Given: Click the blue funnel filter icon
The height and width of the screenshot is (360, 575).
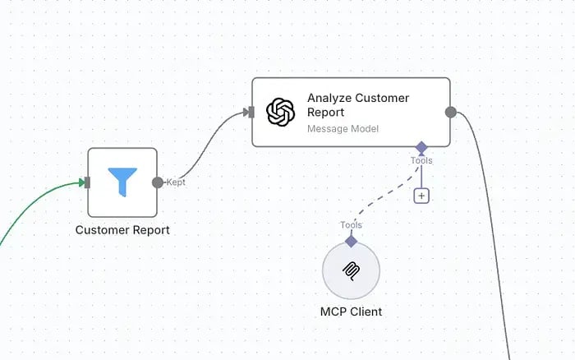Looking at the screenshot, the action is (122, 182).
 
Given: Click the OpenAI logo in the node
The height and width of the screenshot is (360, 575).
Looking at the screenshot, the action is (281, 112).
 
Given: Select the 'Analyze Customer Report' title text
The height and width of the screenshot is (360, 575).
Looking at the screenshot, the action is (358, 105).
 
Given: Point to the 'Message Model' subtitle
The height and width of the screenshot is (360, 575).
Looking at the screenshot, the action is (343, 129).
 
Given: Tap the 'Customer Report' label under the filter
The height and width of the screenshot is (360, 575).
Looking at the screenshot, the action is (122, 230).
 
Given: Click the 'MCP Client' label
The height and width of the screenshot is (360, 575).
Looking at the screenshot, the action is (351, 312).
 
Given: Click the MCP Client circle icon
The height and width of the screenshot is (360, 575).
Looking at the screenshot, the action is (351, 271).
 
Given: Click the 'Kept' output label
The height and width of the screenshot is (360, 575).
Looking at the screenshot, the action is (176, 182).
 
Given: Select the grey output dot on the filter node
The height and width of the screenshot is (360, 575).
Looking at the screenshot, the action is (158, 182).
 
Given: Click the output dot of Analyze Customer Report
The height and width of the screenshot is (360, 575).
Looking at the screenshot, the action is (451, 113).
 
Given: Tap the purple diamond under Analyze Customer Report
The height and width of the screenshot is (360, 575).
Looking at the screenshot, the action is (421, 147).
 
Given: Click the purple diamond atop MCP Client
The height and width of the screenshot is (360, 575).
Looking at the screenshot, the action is (351, 242).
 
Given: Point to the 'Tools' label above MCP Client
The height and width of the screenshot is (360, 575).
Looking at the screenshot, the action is (351, 225).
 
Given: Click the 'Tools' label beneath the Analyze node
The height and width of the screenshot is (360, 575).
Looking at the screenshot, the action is (421, 161).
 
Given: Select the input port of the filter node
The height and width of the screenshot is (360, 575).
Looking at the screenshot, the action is (87, 182).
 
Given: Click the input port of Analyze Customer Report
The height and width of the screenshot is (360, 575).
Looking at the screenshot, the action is (251, 113).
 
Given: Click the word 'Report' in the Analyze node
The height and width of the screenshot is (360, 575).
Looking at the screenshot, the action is (325, 113).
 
